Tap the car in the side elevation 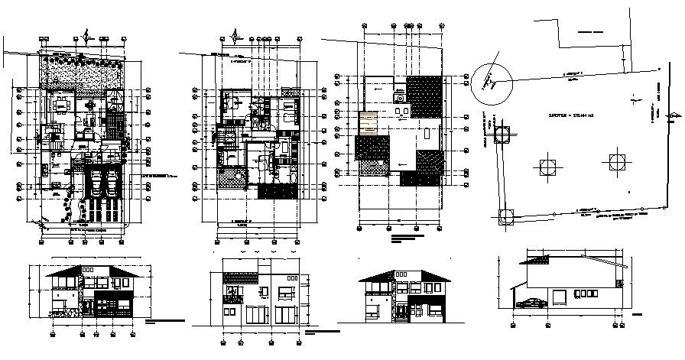[x=532, y=303]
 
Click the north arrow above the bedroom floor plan [x=237, y=36]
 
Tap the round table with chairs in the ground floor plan [x=90, y=105]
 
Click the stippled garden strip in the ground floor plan [x=82, y=73]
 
